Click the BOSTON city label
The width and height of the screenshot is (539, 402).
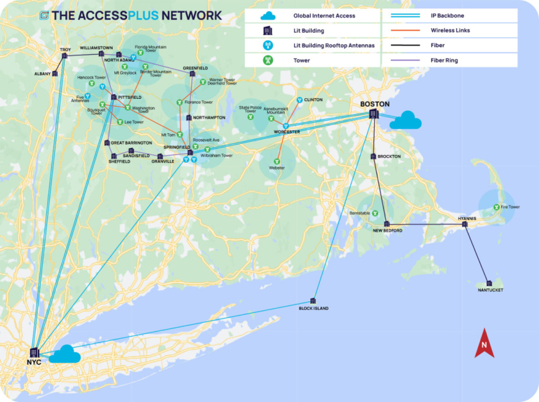pos(374,105)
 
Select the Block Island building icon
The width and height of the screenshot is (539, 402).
pos(313,301)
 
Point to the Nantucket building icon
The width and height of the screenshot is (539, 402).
pos(489,283)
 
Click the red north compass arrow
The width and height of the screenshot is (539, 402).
pos(484,343)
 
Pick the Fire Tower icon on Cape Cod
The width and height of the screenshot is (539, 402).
pos(496,207)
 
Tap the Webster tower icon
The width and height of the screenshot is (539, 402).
pos(276,161)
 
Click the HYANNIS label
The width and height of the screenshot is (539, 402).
pos(467,218)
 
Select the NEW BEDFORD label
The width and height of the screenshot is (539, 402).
pos(387,230)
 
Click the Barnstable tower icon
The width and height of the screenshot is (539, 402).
pos(375,213)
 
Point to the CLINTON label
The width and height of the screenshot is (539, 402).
pos(313,100)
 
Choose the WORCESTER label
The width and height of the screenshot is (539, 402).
pos(287,132)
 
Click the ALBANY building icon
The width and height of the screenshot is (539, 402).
pos(55,73)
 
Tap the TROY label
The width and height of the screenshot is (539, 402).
pos(65,50)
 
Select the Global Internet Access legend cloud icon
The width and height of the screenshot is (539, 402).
pos(267,15)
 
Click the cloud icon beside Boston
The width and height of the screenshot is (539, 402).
pos(405,121)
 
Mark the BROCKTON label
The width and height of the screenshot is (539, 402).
pos(389,156)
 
